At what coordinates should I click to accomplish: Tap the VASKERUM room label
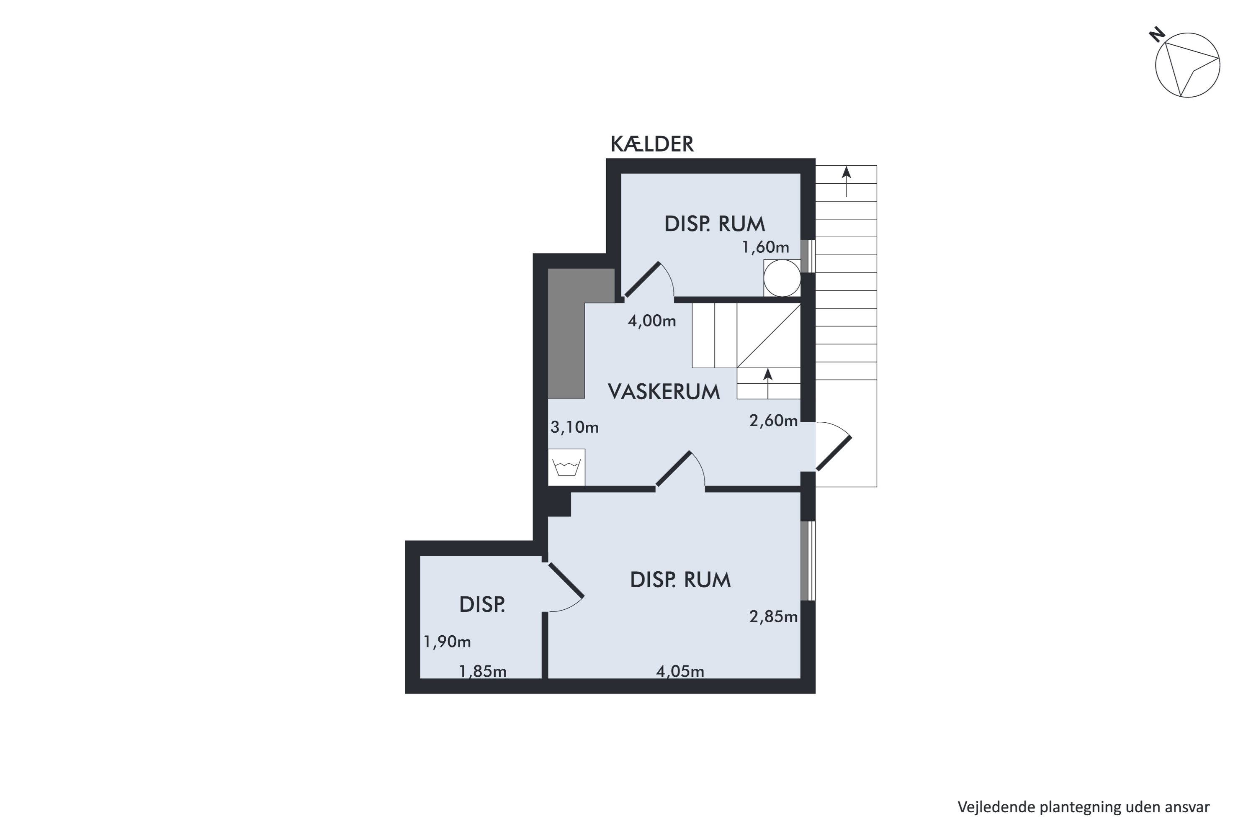664,392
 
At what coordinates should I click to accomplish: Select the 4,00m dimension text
651,321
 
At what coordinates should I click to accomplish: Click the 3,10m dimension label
574,427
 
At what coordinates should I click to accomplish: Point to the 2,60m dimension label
773,421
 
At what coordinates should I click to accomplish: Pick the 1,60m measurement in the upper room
765,247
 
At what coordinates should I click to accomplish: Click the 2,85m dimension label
773,616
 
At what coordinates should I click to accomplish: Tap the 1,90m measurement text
447,642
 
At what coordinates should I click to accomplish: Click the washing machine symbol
566,467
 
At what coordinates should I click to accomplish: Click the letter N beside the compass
1157,36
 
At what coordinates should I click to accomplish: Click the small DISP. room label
482,604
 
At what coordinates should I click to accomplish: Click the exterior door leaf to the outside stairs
834,454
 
